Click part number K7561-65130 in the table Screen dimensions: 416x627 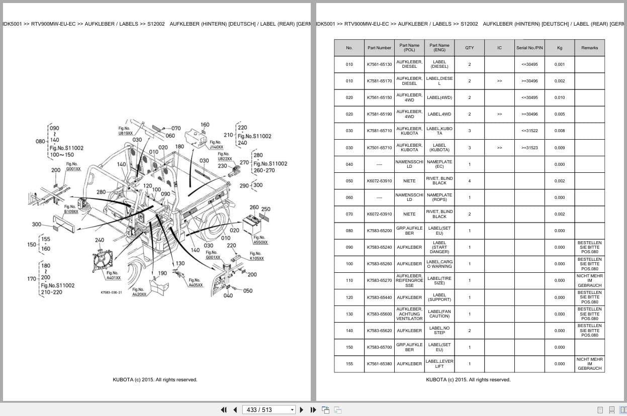[379, 64]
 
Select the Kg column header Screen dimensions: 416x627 [560, 48]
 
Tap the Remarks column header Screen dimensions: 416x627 [589, 48]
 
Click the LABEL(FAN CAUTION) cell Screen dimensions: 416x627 [439, 314]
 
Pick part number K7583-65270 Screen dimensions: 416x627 [379, 280]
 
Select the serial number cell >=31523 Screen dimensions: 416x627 [529, 148]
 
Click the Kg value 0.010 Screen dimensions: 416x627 [560, 97]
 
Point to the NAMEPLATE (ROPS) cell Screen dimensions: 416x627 [439, 197]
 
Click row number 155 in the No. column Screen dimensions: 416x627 [349, 364]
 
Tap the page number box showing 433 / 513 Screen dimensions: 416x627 [268, 409]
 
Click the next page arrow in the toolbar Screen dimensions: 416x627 [302, 409]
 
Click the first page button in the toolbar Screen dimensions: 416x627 [224, 409]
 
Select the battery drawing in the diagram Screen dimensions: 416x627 [252, 222]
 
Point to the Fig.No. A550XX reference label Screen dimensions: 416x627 [260, 240]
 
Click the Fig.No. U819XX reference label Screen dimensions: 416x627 [125, 131]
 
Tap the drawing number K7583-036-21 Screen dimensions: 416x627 [111, 292]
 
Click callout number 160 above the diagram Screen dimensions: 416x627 [205, 125]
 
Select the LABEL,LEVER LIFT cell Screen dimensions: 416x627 [439, 364]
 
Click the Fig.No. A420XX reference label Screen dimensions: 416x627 [139, 292]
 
